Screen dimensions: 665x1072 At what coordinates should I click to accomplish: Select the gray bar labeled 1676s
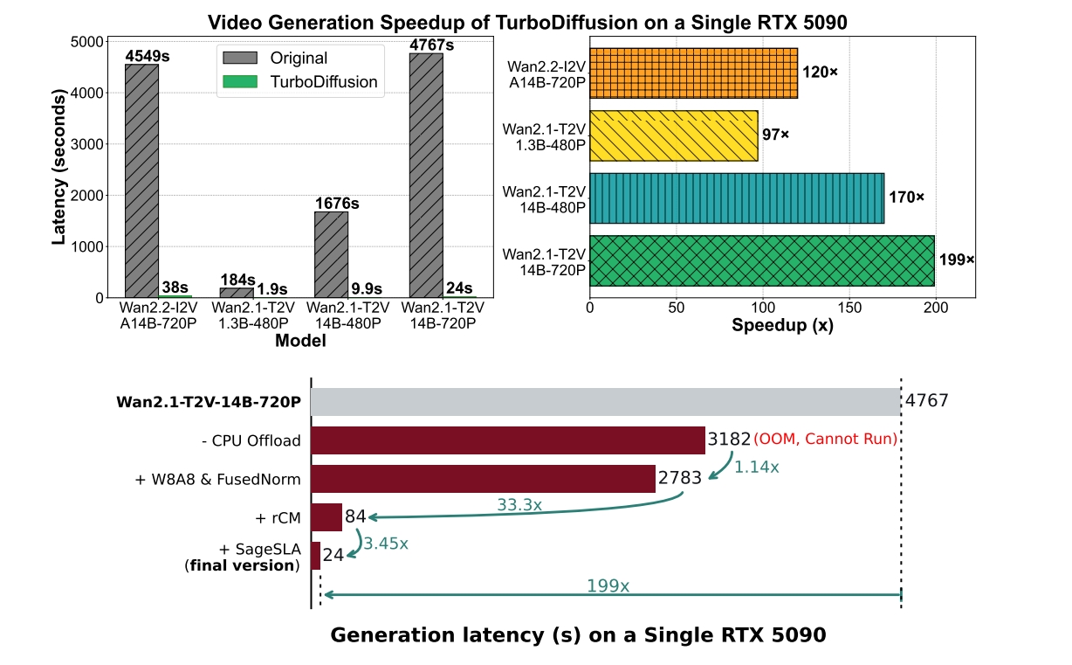pyautogui.click(x=331, y=254)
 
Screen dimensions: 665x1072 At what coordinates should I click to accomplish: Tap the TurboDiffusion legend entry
pyautogui.click(x=300, y=82)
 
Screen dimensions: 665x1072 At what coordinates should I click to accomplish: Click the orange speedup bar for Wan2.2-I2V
pyautogui.click(x=693, y=73)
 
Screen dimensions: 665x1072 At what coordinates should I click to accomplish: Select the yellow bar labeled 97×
pyautogui.click(x=673, y=135)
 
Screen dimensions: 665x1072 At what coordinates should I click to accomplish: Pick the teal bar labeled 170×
pyautogui.click(x=737, y=197)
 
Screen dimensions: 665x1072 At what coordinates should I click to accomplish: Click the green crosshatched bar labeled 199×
pyautogui.click(x=761, y=260)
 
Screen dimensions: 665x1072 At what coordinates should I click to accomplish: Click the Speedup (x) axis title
pyautogui.click(x=781, y=329)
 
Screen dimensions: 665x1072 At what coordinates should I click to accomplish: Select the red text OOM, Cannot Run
pyautogui.click(x=825, y=439)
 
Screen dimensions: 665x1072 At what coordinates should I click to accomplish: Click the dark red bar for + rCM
pyautogui.click(x=326, y=517)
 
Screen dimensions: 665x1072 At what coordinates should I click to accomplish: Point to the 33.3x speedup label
pyautogui.click(x=519, y=505)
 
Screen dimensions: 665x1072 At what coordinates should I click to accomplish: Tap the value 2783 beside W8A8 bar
pyautogui.click(x=680, y=478)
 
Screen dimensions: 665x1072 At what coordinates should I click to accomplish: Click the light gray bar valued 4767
pyautogui.click(x=605, y=402)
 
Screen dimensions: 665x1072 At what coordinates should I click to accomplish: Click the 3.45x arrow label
pyautogui.click(x=385, y=543)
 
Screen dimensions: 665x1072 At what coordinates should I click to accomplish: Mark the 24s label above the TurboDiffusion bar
pyautogui.click(x=458, y=288)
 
